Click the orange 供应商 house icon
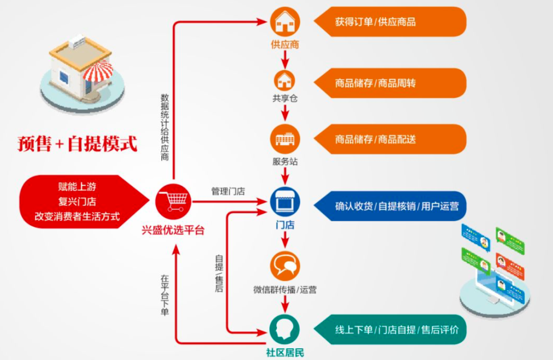pos(285,22)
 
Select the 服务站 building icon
pos(285,139)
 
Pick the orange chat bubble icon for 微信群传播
pos(285,266)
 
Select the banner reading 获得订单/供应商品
pos(389,22)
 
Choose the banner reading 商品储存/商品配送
pos(389,139)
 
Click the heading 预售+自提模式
pos(77,144)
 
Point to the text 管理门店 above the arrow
pos(228,192)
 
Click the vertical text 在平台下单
pos(164,295)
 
